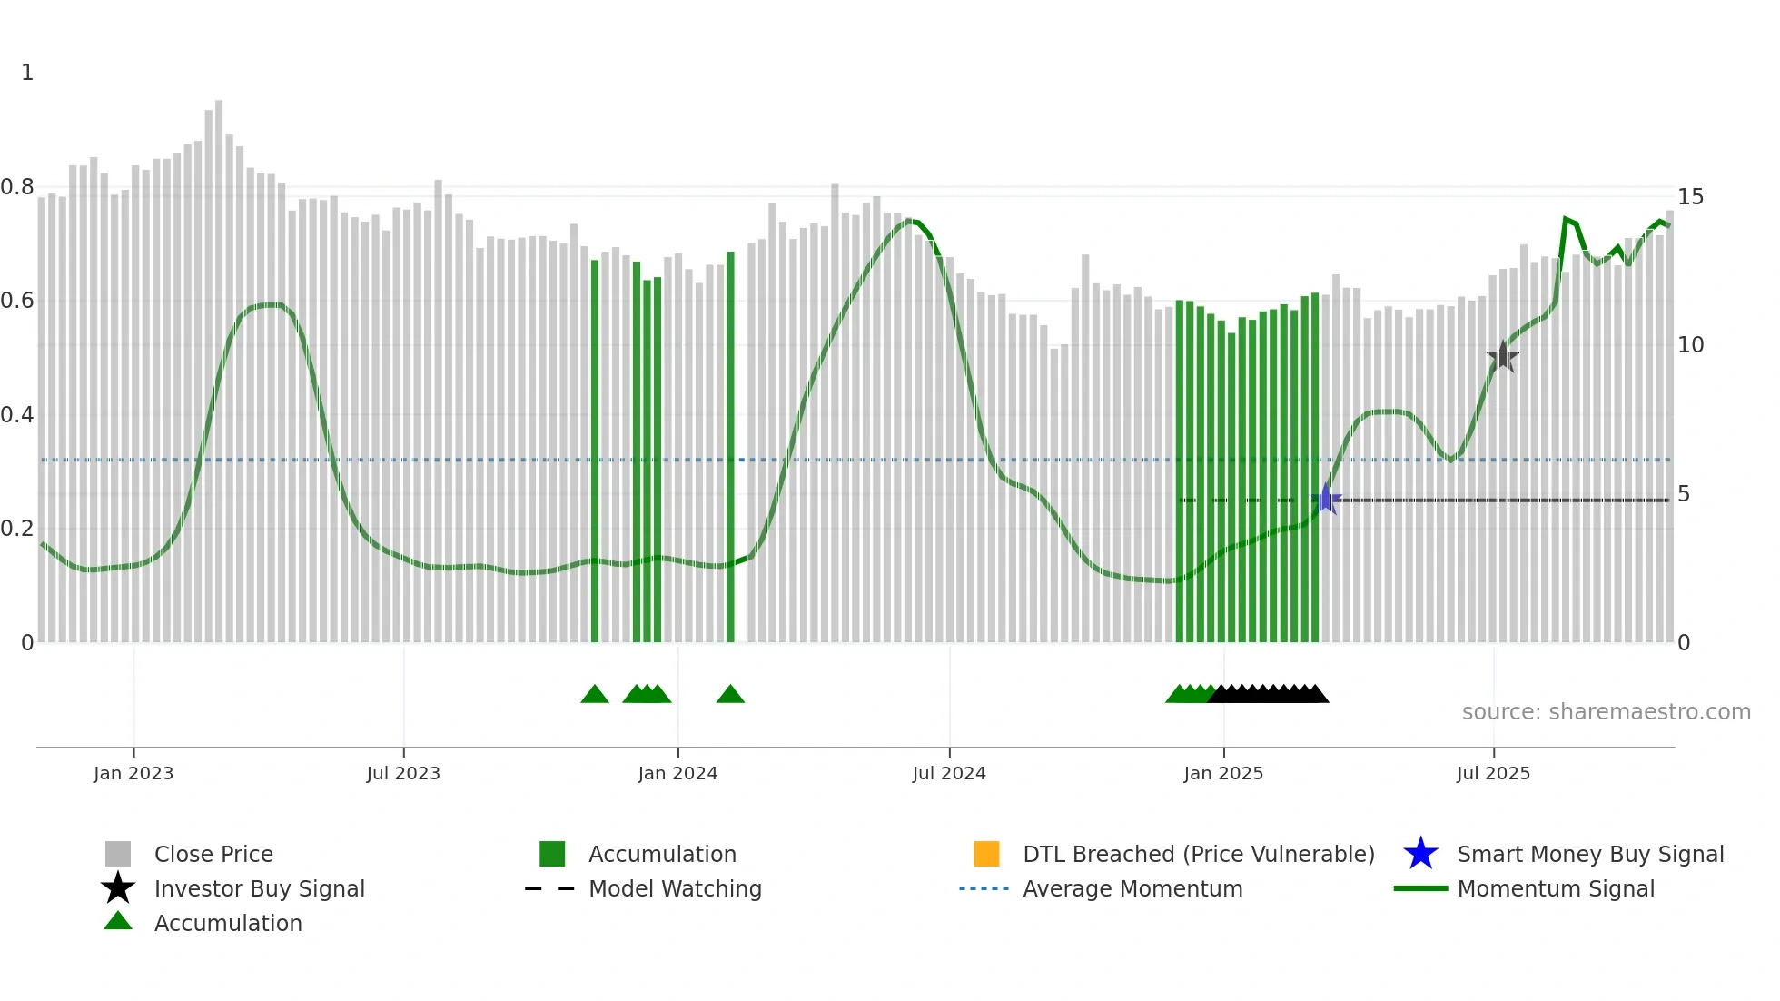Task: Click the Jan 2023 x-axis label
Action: [133, 774]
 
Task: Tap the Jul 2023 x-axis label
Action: [403, 774]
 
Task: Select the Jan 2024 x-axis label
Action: [677, 774]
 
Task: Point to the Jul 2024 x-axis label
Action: [949, 774]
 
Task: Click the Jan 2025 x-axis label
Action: [1223, 774]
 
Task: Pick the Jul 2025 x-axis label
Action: [1493, 774]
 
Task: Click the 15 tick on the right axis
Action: [1690, 197]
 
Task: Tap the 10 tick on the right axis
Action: [1690, 345]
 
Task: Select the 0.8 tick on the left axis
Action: [17, 188]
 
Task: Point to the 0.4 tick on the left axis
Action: [17, 415]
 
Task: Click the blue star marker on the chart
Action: [1326, 499]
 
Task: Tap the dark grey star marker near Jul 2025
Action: [1503, 357]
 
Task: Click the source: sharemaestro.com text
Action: [1606, 712]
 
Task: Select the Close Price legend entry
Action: [213, 855]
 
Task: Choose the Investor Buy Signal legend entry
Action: [259, 889]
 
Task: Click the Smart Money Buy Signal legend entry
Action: [1589, 855]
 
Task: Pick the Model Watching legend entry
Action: [675, 889]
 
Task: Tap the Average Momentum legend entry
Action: [1132, 889]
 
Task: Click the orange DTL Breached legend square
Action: [986, 854]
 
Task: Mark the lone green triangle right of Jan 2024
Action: [730, 695]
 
